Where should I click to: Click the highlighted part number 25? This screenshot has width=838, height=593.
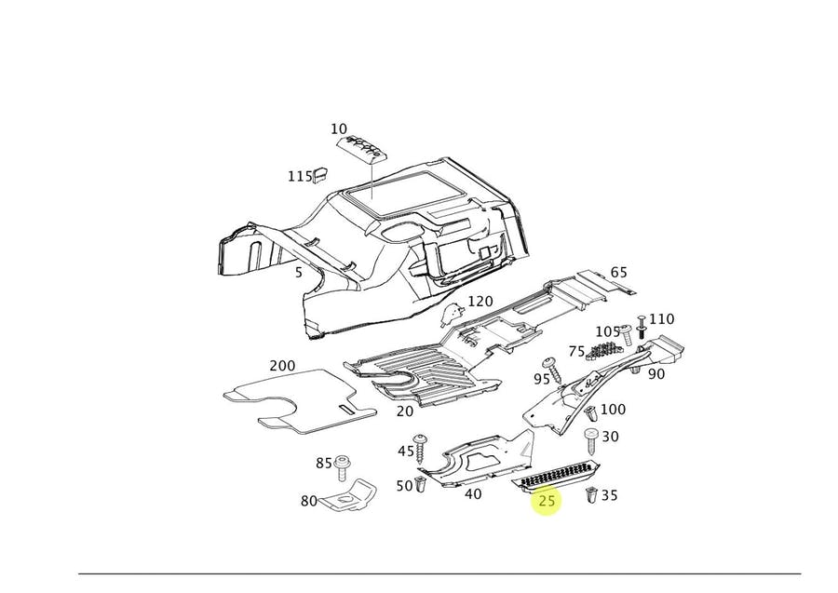coord(547,501)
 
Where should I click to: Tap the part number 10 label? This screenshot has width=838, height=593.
coord(338,129)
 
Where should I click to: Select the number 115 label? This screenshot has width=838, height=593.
coord(300,176)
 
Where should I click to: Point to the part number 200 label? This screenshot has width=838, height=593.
coord(282,366)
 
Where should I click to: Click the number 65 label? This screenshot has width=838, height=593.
coord(618,273)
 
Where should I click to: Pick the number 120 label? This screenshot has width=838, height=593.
coord(480,301)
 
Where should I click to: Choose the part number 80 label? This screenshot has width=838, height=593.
coord(308,501)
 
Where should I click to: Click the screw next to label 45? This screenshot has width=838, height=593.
coord(420,448)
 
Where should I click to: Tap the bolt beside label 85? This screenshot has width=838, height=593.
coord(343,465)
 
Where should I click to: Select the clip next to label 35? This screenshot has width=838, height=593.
coord(590,495)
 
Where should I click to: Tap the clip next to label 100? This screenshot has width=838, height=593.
coord(592,411)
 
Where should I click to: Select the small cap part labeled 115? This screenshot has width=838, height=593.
coord(322,172)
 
